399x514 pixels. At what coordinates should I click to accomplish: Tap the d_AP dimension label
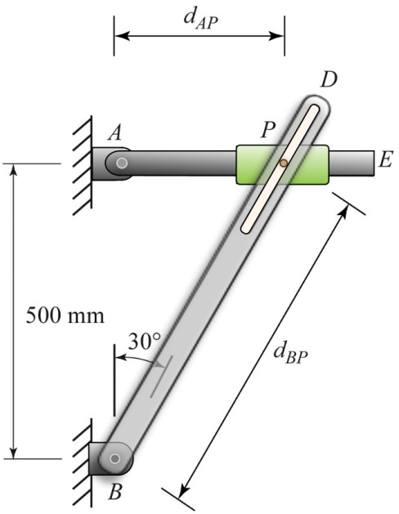tap(199, 15)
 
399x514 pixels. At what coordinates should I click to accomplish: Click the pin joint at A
tap(122, 163)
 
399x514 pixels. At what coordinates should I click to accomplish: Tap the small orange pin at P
tap(283, 163)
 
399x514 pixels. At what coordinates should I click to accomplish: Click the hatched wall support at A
tap(80, 163)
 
